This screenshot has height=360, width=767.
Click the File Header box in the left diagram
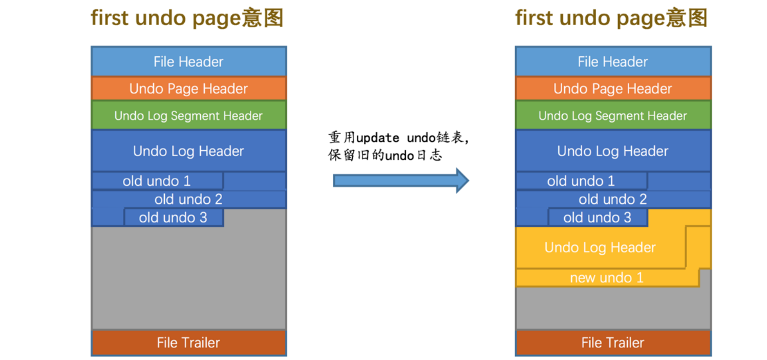pos(188,62)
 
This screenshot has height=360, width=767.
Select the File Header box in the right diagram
pos(612,62)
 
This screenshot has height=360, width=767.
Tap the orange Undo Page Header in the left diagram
pos(188,89)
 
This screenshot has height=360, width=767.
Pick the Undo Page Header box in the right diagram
pos(612,89)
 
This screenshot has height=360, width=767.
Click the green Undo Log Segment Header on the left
pos(188,116)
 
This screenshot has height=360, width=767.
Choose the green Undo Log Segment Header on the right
pos(612,116)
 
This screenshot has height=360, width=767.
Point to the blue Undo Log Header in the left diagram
pos(188,151)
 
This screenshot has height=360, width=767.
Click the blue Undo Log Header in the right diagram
pos(612,151)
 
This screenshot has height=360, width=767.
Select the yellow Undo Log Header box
pos(600,248)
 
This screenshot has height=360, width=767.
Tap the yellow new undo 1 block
pos(606,278)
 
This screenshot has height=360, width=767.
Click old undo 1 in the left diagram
pos(157,181)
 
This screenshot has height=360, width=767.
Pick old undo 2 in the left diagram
pos(188,199)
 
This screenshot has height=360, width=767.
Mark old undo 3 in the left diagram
pos(173,218)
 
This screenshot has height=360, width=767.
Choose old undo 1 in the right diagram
pos(581,181)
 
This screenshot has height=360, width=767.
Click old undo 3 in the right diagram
pos(597,218)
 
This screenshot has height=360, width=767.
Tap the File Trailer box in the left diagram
pos(188,343)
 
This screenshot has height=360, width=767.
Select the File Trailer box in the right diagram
pos(612,343)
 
